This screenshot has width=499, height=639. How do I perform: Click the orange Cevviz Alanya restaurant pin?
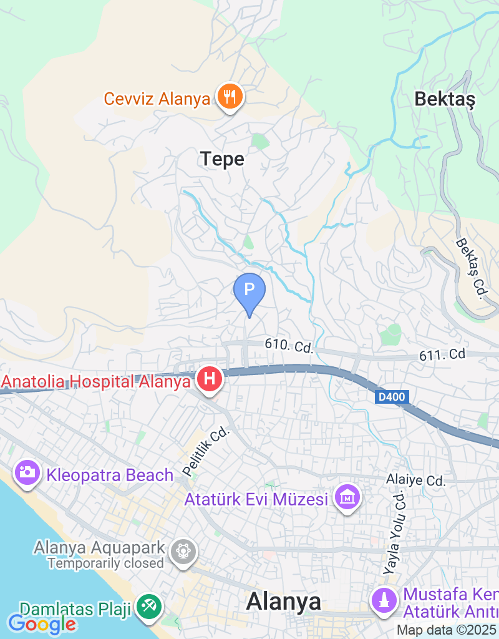[230, 97]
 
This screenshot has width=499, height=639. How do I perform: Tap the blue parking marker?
[249, 290]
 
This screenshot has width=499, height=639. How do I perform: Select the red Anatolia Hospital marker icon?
[210, 379]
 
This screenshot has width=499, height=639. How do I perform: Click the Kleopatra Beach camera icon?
[27, 472]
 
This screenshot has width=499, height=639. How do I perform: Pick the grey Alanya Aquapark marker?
[185, 552]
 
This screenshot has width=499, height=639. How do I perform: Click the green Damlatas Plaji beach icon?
[149, 607]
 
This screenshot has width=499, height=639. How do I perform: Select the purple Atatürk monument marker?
[384, 600]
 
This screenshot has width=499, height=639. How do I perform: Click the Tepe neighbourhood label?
[222, 159]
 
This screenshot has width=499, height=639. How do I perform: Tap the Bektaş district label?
[445, 99]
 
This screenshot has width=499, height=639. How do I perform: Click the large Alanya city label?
[284, 602]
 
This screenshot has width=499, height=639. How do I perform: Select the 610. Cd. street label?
[288, 346]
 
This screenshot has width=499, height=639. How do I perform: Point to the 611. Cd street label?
[442, 354]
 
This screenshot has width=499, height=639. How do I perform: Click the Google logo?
[42, 623]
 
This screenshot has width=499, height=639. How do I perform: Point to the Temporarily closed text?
[105, 563]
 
